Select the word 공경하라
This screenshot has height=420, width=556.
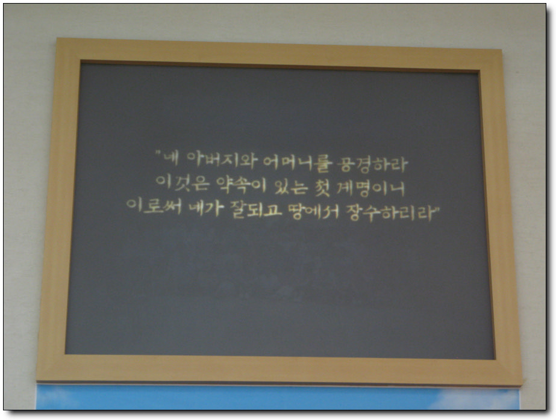click(x=373, y=164)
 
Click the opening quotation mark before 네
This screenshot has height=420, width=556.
click(x=158, y=153)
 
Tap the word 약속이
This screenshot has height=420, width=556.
click(x=241, y=185)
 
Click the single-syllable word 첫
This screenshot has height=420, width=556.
click(x=322, y=188)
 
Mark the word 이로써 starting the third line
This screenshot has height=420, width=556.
click(x=154, y=206)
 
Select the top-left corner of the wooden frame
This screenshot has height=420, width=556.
click(x=57, y=39)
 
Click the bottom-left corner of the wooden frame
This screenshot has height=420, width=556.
click(x=37, y=381)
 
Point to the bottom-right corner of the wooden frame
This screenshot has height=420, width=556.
click(x=521, y=386)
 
